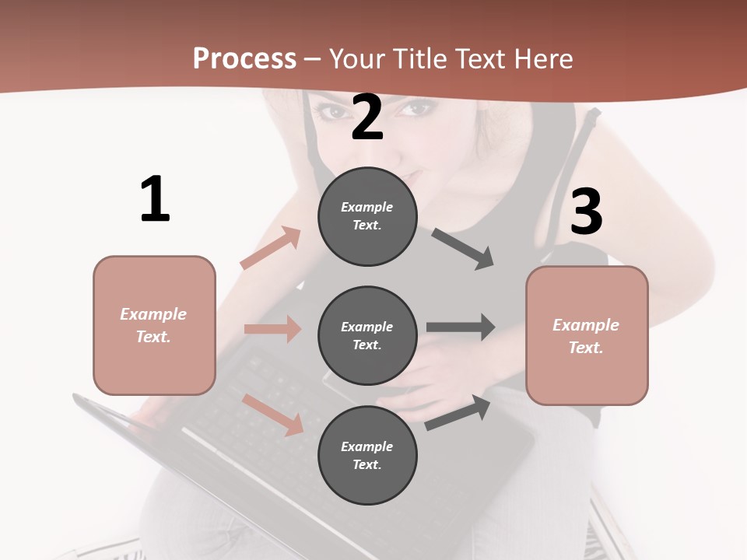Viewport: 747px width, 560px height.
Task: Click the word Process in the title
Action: coord(244,59)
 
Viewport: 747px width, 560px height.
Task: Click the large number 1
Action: coord(155,199)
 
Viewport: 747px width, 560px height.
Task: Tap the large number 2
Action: coord(367,117)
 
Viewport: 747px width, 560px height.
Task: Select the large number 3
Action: coord(587,212)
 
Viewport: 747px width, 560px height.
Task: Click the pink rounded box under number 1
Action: coord(154,325)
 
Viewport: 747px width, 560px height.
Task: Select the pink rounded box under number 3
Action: coord(587,336)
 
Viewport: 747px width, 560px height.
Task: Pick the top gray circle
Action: coord(367,216)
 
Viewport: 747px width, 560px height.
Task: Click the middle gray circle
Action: coord(367,336)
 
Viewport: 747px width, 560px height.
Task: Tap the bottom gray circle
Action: coord(367,456)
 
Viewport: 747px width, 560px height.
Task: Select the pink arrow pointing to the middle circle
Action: coord(272,329)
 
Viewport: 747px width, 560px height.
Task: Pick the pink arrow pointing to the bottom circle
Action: coord(273,414)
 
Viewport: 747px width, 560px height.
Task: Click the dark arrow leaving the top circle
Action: coord(463,249)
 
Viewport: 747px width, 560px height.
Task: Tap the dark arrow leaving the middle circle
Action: coord(461,327)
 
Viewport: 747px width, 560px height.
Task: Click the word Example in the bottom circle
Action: coord(367,446)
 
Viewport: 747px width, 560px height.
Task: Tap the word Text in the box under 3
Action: coord(585,348)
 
